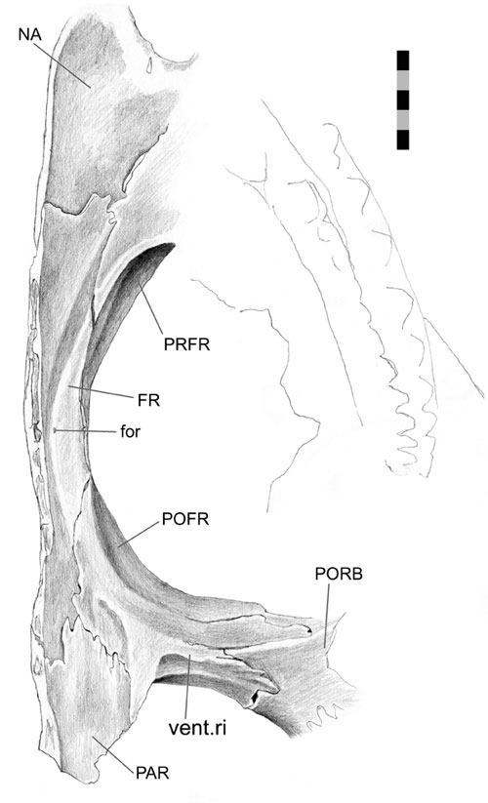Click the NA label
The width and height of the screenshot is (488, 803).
(29, 35)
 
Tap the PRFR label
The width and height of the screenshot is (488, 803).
(187, 344)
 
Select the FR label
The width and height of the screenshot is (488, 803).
(148, 400)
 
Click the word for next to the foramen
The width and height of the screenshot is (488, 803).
(130, 431)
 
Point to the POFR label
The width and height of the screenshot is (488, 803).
(185, 519)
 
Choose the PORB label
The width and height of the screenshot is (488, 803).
(339, 574)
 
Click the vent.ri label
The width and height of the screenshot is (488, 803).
(198, 727)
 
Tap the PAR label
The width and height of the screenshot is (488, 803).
(152, 773)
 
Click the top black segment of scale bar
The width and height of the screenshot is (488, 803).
(403, 60)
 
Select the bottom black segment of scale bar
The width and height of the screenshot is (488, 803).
(403, 140)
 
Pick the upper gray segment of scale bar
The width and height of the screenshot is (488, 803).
(403, 80)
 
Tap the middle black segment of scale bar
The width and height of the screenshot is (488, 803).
(403, 100)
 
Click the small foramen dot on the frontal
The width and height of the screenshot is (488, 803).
(55, 430)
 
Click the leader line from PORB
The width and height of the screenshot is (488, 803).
(327, 615)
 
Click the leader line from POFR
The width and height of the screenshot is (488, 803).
(138, 534)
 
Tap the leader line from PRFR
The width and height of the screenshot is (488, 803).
(149, 310)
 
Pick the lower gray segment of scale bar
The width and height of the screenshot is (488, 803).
(403, 120)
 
